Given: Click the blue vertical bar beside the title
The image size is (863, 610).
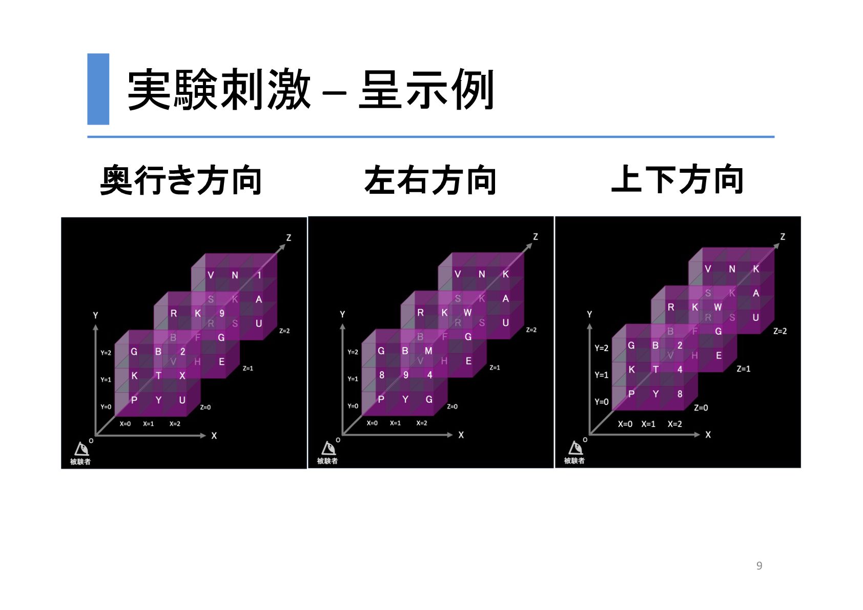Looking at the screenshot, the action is (98, 89).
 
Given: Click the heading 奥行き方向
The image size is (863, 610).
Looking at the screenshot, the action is (181, 180).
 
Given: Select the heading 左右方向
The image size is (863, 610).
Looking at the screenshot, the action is (430, 180).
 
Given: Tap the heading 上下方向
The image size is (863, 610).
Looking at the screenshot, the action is (677, 179).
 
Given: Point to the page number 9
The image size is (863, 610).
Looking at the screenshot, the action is (759, 565).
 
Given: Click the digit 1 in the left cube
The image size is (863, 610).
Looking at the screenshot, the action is (259, 275).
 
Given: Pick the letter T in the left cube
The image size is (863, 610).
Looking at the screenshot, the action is (158, 376).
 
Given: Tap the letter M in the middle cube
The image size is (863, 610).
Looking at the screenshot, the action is (428, 351).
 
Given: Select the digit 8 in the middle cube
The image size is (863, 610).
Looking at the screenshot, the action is (382, 375).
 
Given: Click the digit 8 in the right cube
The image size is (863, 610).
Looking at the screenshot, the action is (680, 394).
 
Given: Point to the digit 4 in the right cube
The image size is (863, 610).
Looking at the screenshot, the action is (680, 370).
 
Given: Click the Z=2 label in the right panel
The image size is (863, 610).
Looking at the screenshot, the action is (779, 331).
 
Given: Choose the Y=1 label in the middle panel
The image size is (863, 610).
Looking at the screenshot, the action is (353, 379).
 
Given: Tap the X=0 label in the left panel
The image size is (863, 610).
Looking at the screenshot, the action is (125, 424).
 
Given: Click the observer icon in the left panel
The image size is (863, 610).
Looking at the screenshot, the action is (81, 449).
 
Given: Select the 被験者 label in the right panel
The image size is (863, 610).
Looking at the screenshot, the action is (574, 461).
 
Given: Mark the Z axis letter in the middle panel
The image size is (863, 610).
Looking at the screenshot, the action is (536, 237).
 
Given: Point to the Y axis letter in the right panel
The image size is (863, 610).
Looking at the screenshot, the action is (589, 314).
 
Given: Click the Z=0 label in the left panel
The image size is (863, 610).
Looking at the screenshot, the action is (205, 408).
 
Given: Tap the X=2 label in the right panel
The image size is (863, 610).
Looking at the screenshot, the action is (674, 424).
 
